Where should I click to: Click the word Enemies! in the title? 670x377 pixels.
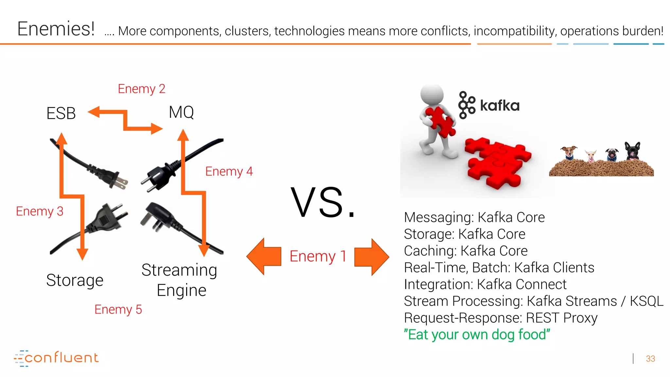56,29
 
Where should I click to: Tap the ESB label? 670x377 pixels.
61,113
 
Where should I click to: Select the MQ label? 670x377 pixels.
181,112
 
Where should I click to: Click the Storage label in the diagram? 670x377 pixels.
75,280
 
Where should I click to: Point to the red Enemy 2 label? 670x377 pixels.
142,89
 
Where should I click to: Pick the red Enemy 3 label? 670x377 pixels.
40,211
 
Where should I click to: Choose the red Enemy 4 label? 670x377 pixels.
229,171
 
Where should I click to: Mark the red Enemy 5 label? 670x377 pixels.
118,309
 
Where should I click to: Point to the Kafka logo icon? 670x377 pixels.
466,105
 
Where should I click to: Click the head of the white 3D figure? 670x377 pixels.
432,95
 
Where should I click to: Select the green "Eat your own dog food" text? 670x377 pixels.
477,334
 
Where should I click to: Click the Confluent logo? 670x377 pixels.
56,358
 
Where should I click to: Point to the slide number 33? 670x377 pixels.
650,359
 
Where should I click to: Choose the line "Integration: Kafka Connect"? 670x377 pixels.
485,284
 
